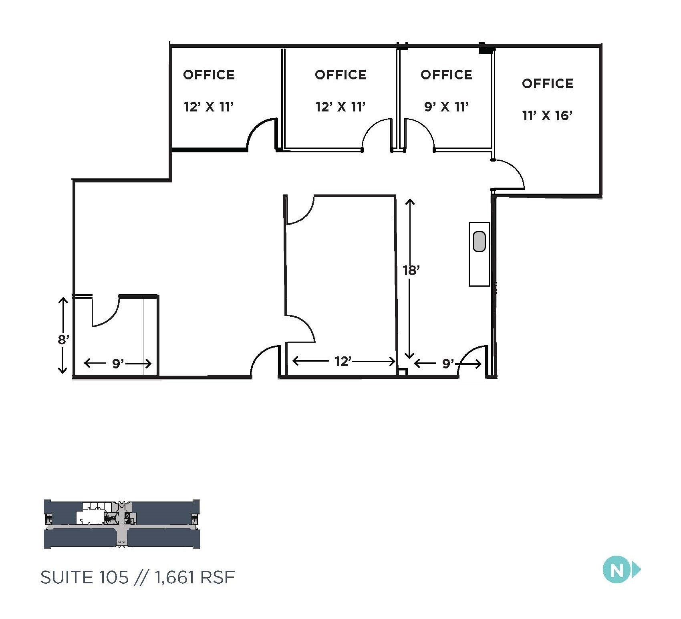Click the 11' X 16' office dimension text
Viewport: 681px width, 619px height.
click(x=547, y=116)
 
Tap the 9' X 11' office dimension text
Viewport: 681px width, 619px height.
click(x=446, y=107)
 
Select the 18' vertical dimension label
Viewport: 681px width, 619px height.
click(x=411, y=270)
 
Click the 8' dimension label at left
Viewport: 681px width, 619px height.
click(x=63, y=340)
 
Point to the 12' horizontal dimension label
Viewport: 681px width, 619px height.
click(x=343, y=362)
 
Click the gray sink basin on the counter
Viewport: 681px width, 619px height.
click(x=479, y=241)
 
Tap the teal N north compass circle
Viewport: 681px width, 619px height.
click(x=617, y=570)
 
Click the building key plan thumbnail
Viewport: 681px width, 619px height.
click(x=121, y=524)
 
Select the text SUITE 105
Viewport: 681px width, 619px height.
click(x=85, y=577)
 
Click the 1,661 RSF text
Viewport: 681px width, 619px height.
click(x=194, y=577)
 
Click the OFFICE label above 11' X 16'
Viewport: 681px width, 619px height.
click(x=548, y=83)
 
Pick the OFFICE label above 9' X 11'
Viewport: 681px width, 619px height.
click(x=446, y=75)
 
